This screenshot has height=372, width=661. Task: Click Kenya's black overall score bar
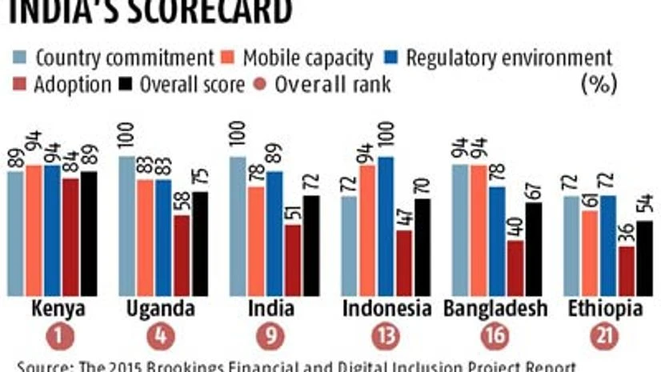(x=88, y=232)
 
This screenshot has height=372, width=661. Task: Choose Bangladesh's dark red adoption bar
(x=494, y=268)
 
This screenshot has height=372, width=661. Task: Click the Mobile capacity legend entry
(x=298, y=58)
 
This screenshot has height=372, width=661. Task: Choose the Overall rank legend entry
(x=324, y=84)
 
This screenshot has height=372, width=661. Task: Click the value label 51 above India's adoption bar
(x=293, y=209)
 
